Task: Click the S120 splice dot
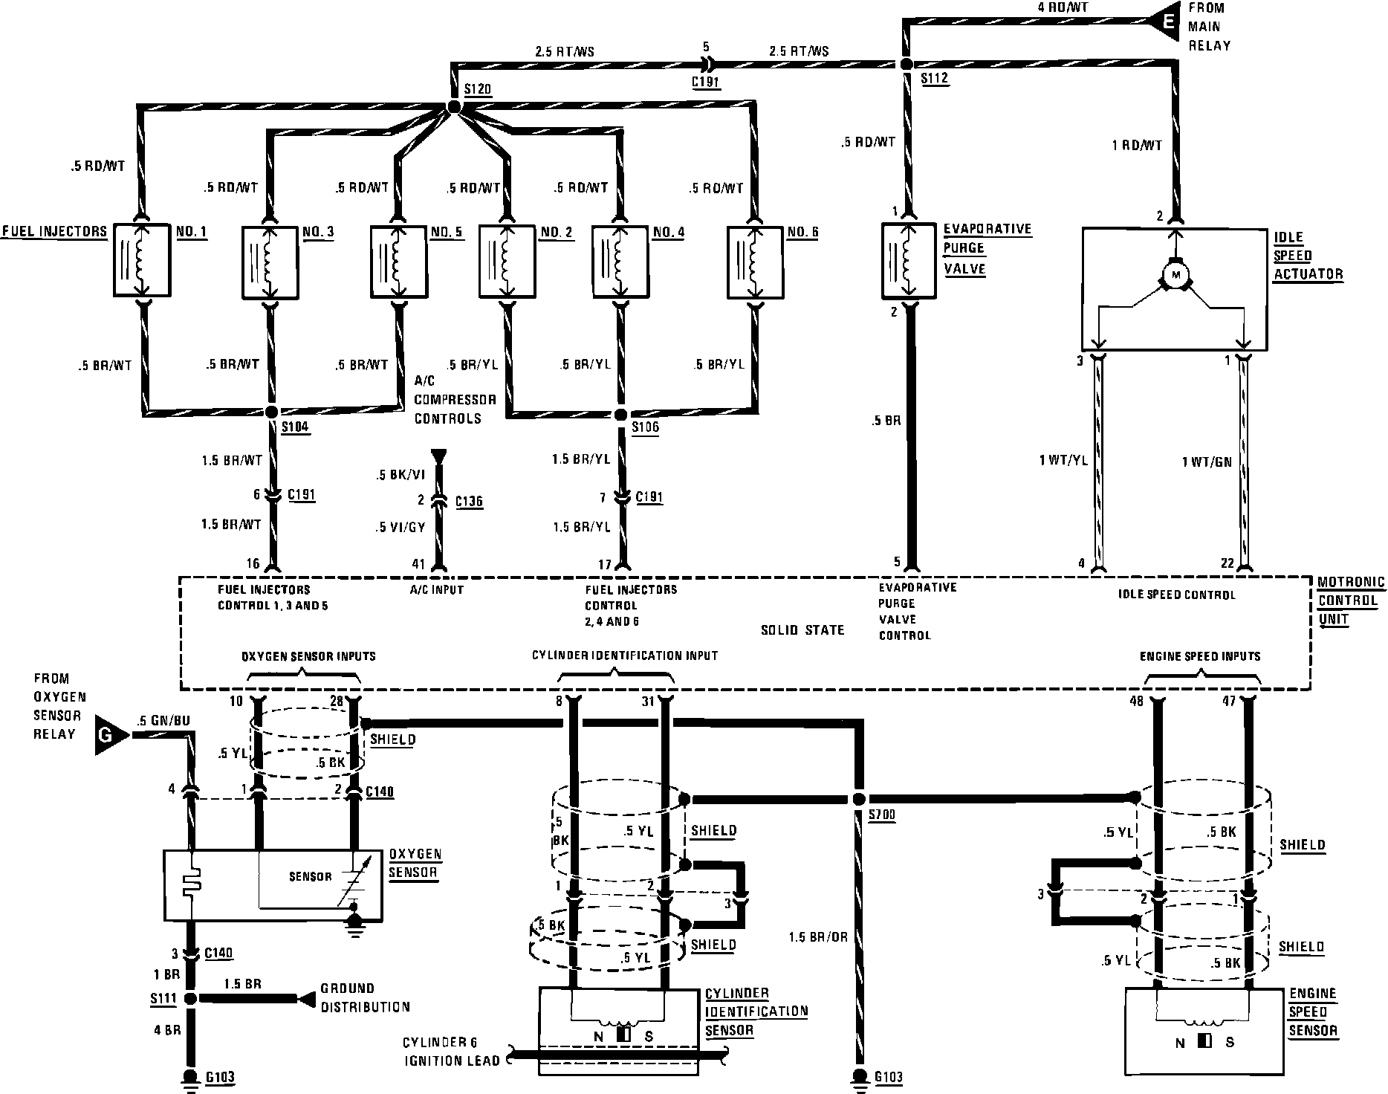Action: (x=455, y=109)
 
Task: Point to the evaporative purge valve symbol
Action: (x=908, y=260)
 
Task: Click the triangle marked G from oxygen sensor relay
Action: (x=107, y=736)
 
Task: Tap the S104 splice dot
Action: (x=271, y=411)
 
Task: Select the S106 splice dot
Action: (x=621, y=414)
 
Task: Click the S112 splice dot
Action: (x=906, y=65)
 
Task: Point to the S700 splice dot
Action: (x=859, y=799)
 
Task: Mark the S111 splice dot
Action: (x=190, y=999)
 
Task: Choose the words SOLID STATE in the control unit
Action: (x=802, y=630)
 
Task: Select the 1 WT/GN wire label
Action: (x=1207, y=462)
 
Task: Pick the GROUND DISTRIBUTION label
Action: (x=365, y=997)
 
